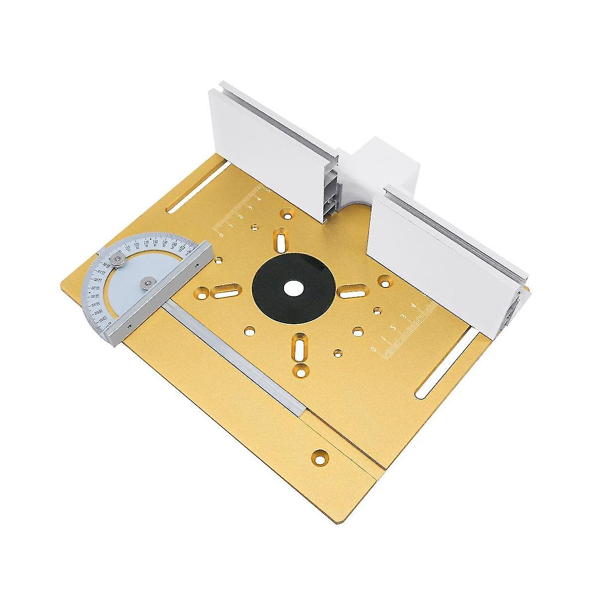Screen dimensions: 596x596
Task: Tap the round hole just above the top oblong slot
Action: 287,214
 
